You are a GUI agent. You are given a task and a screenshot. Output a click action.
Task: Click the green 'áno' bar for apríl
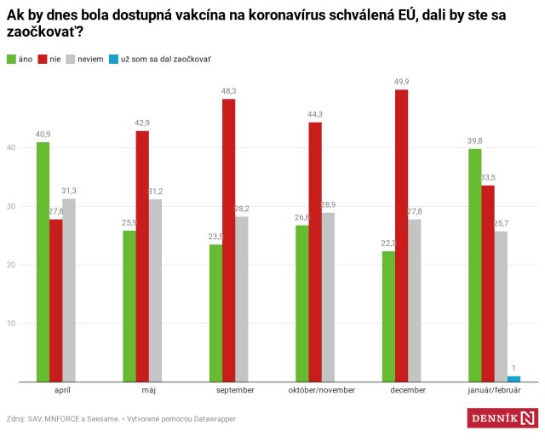(x=43, y=262)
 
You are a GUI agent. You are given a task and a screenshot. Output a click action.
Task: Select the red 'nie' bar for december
(x=401, y=236)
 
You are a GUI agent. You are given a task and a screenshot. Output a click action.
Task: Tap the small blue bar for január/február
(x=513, y=379)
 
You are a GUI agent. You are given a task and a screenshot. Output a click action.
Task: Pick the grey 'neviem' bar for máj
(x=155, y=290)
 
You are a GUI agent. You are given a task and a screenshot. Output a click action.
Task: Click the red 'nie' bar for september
(x=228, y=240)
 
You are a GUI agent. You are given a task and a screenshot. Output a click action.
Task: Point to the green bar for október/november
(x=301, y=303)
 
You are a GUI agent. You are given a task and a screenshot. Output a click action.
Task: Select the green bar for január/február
(x=475, y=265)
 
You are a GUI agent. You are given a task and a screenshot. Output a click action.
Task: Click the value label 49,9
(x=401, y=82)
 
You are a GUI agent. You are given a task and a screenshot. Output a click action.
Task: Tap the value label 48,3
(x=229, y=91)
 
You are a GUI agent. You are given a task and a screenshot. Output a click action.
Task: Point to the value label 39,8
(x=474, y=141)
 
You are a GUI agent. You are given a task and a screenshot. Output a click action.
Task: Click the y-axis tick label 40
(x=10, y=147)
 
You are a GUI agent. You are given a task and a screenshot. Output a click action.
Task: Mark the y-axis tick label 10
(x=10, y=324)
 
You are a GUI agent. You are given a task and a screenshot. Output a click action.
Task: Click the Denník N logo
(x=503, y=418)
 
